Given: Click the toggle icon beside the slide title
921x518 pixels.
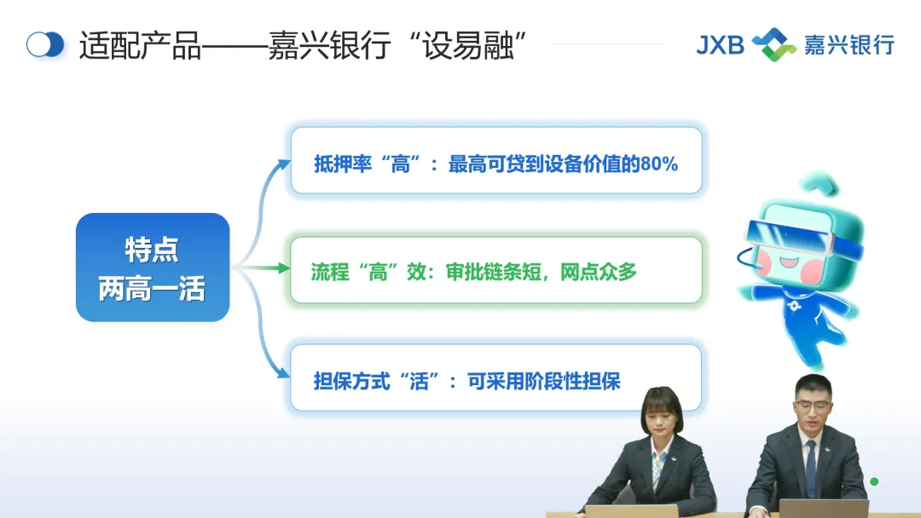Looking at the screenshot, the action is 45,44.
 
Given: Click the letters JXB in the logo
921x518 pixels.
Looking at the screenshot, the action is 720,45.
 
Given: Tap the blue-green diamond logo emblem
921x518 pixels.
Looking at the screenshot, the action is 774,44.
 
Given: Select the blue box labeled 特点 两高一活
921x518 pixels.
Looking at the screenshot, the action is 153,268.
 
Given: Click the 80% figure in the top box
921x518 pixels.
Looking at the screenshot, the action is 659,164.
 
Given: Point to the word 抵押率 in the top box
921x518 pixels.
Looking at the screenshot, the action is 343,164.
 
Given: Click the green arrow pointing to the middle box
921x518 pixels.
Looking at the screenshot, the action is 262,268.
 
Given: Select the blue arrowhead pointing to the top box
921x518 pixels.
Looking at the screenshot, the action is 284,164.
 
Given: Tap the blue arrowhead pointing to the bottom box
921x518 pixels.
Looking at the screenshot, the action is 284,372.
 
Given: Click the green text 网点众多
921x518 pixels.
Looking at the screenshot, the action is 599,272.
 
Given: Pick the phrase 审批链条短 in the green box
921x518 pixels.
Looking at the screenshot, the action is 494,272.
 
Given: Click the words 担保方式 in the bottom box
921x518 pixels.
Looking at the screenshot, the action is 352,382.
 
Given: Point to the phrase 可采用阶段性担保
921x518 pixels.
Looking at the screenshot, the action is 544,382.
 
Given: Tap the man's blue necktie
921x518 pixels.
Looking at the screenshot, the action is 811,469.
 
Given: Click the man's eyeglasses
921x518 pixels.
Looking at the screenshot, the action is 814,405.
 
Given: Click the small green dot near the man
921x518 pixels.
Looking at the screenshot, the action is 874,481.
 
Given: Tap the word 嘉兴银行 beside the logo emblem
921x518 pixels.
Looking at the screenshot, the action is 849,45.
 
